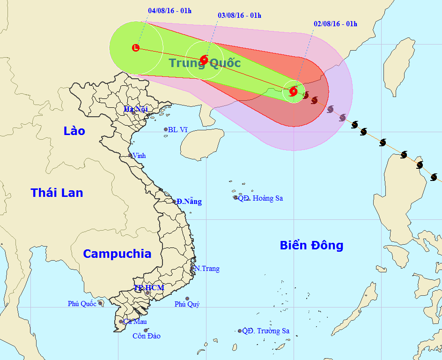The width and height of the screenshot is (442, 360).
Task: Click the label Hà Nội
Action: [x=135, y=109]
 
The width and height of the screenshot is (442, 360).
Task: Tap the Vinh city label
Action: [x=139, y=155]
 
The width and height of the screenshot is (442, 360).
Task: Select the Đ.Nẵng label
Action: [x=189, y=202]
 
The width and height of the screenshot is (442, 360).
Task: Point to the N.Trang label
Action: [x=206, y=269]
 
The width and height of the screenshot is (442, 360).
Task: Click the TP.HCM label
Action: [x=149, y=287]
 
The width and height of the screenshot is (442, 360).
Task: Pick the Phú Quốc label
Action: [x=82, y=304]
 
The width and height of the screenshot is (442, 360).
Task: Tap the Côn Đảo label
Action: [x=146, y=336]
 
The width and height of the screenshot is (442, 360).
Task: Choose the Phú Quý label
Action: [x=187, y=304]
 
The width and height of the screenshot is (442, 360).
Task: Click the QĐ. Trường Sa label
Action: [x=265, y=331]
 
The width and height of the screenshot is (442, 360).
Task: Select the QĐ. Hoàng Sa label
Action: [x=260, y=198]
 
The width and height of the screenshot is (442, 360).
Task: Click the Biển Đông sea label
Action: [x=311, y=245]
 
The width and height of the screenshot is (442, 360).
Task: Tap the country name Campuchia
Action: [x=117, y=254]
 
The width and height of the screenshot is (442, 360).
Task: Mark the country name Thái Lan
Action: [x=57, y=192]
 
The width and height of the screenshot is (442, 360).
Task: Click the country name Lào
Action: [x=74, y=131]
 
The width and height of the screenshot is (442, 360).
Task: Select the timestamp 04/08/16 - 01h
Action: [x=169, y=11]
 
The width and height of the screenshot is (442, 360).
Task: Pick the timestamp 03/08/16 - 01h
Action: [x=239, y=15]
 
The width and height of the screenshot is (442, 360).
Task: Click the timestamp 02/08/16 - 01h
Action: [x=335, y=24]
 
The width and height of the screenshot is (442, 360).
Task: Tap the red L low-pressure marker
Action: [x=136, y=47]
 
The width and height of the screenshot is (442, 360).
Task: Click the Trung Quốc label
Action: [x=205, y=63]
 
